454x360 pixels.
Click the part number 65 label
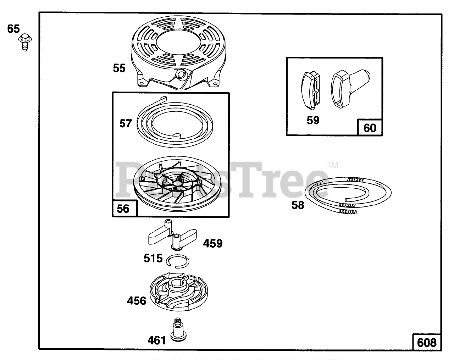pyautogui.click(x=13, y=29)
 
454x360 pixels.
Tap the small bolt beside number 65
pyautogui.click(x=24, y=40)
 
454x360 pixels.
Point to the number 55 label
pyautogui.click(x=119, y=68)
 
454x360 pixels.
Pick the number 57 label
pyautogui.click(x=126, y=123)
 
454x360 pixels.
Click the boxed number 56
pyautogui.click(x=123, y=209)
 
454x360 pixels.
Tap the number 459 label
pyautogui.click(x=212, y=244)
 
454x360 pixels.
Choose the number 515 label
pyautogui.click(x=153, y=259)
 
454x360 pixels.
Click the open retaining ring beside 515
pyautogui.click(x=178, y=260)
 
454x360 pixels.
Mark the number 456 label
pyautogui.click(x=137, y=301)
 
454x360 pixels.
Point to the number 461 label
pyautogui.click(x=156, y=340)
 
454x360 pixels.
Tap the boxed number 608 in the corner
pyautogui.click(x=427, y=342)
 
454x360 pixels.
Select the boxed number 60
pyautogui.click(x=370, y=128)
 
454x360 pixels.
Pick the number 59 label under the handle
pyautogui.click(x=313, y=120)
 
